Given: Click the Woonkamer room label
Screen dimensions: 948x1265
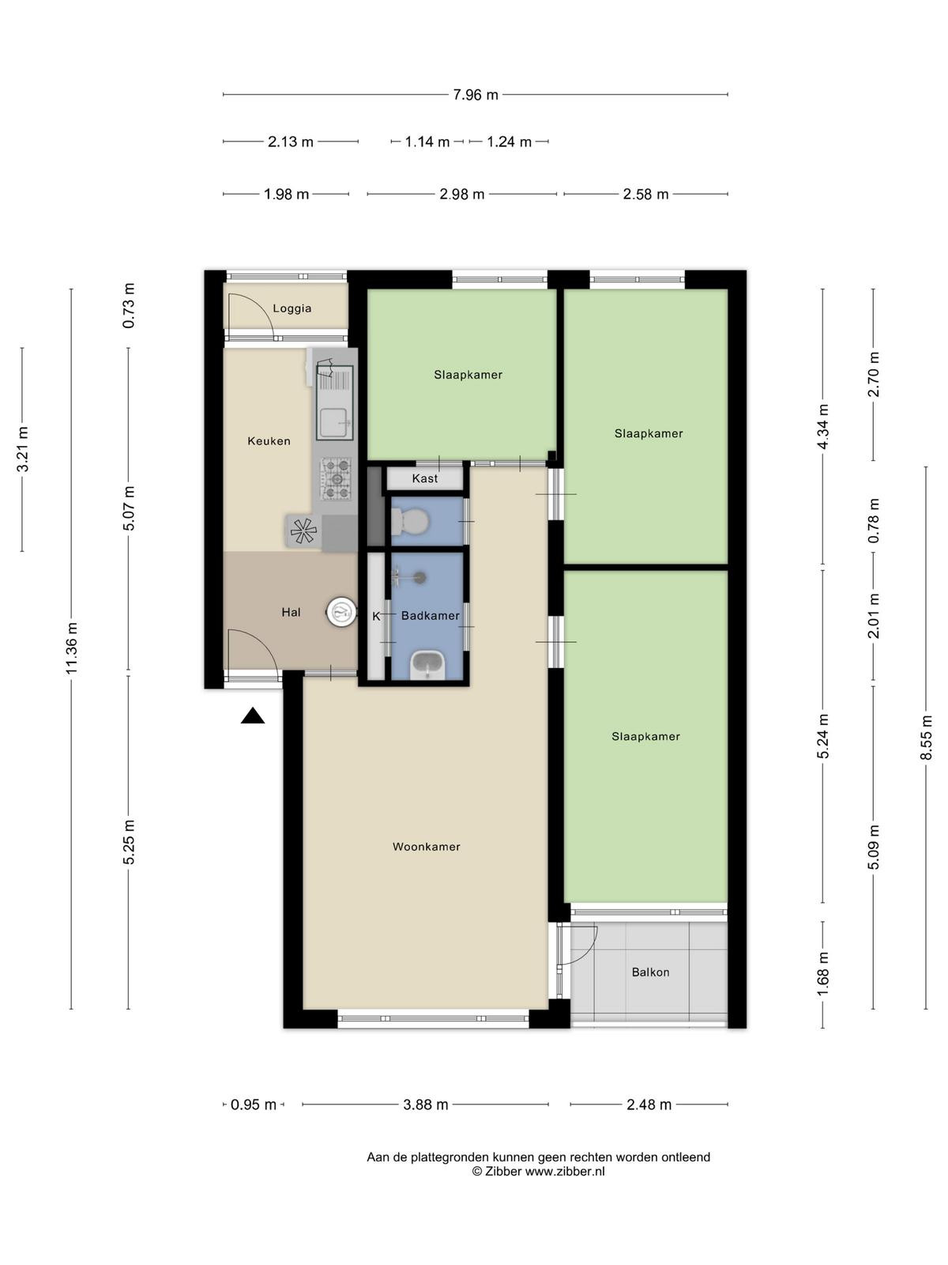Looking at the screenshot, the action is point(426,847).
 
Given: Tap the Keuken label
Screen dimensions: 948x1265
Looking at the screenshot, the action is point(269,441).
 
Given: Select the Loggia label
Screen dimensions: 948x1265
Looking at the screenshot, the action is point(292,308).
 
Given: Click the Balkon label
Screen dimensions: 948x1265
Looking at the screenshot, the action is point(650,972).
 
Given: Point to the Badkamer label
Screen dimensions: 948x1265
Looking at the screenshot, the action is point(431,615).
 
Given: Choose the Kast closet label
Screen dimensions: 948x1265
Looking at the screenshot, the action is point(425,478).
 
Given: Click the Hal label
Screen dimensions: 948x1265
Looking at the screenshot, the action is point(291,612).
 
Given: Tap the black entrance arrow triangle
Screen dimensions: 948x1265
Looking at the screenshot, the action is point(253,716).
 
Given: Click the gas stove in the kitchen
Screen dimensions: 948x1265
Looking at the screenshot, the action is point(337,478).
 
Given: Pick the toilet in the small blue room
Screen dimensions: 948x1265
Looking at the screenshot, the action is point(409,522).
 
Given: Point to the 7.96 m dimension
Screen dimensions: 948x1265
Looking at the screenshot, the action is point(476,95).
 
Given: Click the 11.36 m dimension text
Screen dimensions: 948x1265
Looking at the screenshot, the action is point(71,649).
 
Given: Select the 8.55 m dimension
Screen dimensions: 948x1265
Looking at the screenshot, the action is point(926,738).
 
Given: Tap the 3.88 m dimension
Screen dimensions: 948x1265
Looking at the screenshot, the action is point(425,1105).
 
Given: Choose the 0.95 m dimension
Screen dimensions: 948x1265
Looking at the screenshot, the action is point(254,1105).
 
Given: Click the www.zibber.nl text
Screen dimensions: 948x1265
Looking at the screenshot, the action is point(565,1172).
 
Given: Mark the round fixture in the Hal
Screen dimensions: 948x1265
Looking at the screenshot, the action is point(341,612).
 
